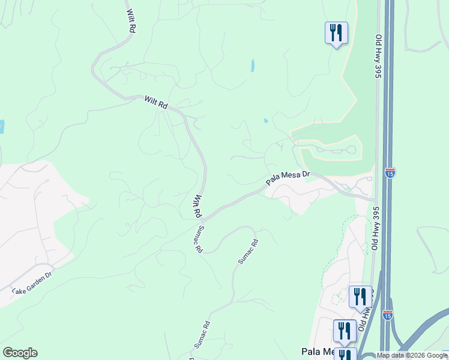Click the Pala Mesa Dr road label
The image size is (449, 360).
pos(288,178)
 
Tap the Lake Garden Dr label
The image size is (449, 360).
pos(32,283)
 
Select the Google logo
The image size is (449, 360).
pos(20,353)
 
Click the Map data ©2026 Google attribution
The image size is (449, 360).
pos(412,355)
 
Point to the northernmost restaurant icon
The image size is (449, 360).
pos(336,33)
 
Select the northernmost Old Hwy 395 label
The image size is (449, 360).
pos(378,55)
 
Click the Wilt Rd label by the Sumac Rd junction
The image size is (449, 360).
pos(196,206)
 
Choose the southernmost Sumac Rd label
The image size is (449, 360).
pos(201,334)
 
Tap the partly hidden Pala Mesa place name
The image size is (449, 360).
pos(316,352)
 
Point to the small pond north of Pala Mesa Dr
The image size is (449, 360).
pos(265,121)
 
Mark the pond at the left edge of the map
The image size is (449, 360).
pos(2,127)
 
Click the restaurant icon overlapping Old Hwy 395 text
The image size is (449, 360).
pos(360,296)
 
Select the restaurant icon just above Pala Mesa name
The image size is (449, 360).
pos(345,331)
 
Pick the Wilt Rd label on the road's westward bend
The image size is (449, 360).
pos(155,103)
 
